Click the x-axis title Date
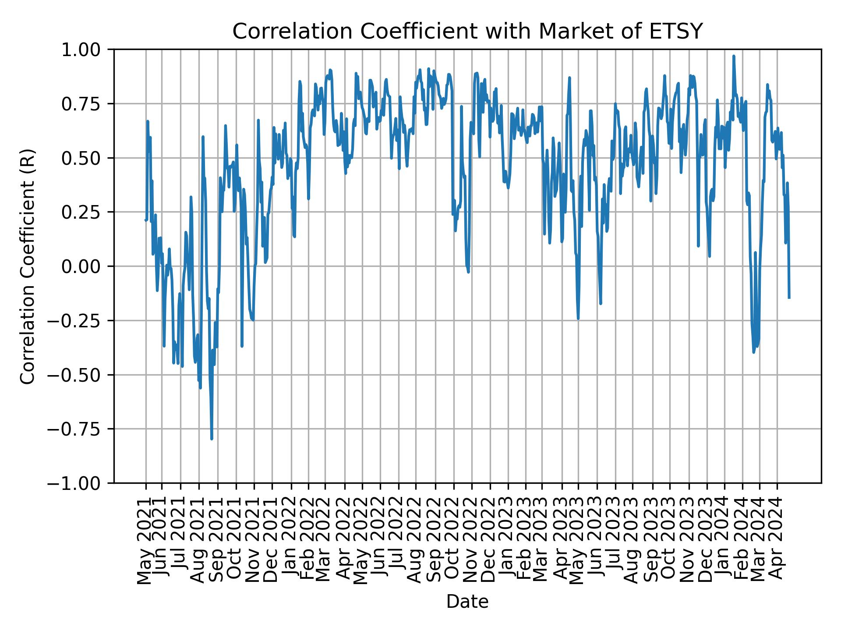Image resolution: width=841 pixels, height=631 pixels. [x=467, y=602]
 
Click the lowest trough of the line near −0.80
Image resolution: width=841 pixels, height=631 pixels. [x=212, y=439]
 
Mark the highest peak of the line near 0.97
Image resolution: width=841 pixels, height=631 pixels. [x=734, y=56]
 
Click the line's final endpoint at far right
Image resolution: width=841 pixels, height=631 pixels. [x=789, y=298]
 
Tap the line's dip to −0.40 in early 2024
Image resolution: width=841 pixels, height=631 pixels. [x=753, y=352]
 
